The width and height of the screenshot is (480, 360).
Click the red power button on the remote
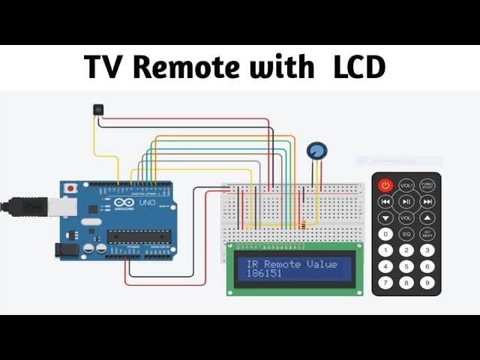(x=385, y=184)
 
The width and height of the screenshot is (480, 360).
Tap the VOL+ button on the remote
(x=406, y=184)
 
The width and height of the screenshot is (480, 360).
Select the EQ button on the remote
(x=406, y=234)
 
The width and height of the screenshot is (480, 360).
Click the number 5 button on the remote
(x=406, y=266)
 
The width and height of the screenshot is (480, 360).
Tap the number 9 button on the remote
(x=427, y=283)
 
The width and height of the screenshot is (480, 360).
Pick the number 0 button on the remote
(x=385, y=234)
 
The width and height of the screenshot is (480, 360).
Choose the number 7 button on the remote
(x=385, y=283)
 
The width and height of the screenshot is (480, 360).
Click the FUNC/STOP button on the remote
(x=427, y=184)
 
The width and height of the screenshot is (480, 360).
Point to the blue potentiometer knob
(x=317, y=150)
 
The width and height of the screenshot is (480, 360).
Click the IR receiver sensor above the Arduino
(x=98, y=109)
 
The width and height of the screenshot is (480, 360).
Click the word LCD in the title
(x=357, y=67)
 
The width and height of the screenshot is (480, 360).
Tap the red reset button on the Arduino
(x=70, y=188)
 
